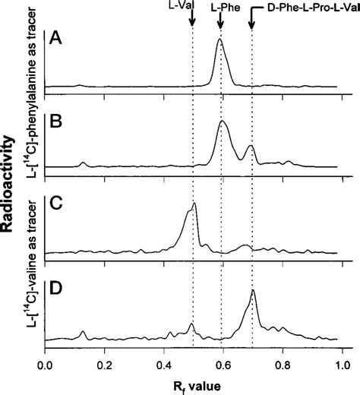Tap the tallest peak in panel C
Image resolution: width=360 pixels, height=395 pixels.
[x=195, y=204]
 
